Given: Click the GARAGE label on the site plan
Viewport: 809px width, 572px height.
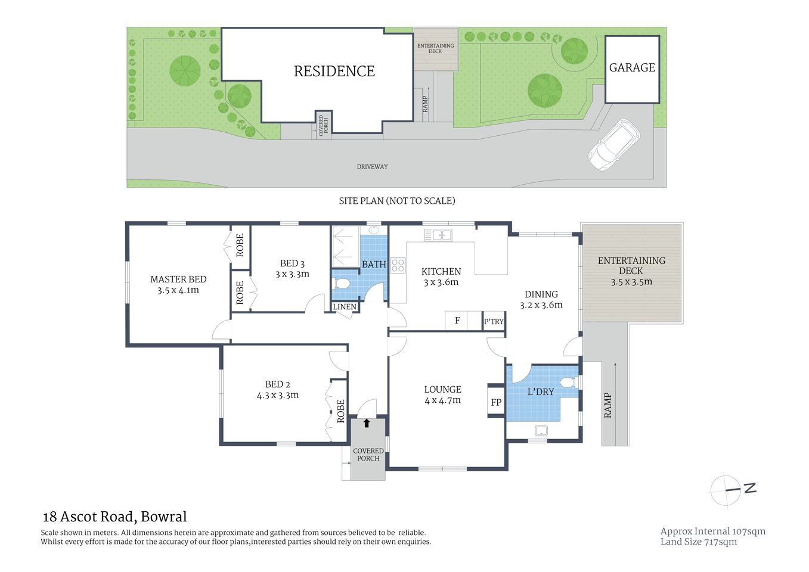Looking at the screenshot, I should (x=632, y=68).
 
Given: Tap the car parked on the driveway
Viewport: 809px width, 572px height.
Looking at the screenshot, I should (x=613, y=145).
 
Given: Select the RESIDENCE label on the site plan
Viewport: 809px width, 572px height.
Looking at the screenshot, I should (x=334, y=71).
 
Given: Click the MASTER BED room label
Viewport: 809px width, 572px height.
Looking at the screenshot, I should (x=178, y=279).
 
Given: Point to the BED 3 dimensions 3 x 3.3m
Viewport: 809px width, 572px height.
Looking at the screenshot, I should (x=292, y=274).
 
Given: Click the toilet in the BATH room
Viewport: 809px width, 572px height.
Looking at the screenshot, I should (x=342, y=282).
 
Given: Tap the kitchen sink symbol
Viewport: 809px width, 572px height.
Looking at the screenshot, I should (x=438, y=235).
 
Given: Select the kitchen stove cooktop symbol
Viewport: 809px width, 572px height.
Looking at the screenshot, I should (x=398, y=266).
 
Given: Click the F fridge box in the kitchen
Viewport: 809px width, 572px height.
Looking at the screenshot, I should (x=457, y=321).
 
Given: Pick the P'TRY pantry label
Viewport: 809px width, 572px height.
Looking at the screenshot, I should (x=494, y=322).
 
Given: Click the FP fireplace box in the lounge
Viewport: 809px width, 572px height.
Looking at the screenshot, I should (x=496, y=402).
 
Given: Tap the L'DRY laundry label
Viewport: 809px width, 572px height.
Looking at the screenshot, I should (x=540, y=392).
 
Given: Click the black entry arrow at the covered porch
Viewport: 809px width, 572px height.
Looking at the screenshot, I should (x=367, y=424).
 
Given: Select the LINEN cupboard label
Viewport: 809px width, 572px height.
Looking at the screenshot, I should (x=345, y=307).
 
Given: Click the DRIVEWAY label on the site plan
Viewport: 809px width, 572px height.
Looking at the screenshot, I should (x=372, y=167).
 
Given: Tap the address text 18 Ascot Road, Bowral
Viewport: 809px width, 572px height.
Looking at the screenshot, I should (x=114, y=517).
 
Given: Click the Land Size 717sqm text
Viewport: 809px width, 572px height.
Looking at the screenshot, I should (x=698, y=542).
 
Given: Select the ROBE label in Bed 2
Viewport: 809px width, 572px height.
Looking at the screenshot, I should (x=340, y=411).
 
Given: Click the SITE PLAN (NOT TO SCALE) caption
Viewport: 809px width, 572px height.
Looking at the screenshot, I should (x=396, y=201).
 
